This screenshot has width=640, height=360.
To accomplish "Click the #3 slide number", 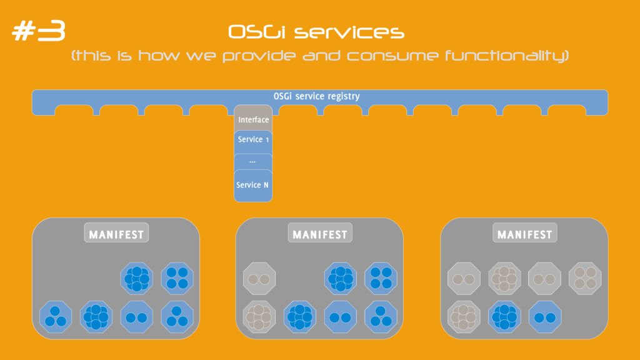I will pyautogui.click(x=39, y=32).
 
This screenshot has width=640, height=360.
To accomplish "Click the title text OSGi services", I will pyautogui.click(x=316, y=32).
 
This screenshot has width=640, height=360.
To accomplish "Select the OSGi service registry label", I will pyautogui.click(x=316, y=96).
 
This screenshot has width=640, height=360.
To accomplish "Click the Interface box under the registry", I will pyautogui.click(x=253, y=119).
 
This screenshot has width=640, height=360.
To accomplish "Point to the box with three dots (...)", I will pyautogui.click(x=253, y=161).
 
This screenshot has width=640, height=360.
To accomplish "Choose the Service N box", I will pyautogui.click(x=252, y=185).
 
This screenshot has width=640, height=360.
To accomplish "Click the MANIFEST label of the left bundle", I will pyautogui.click(x=116, y=235).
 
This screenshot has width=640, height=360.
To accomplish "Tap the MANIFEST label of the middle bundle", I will pyautogui.click(x=320, y=235).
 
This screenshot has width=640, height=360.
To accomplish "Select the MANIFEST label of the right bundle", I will pyautogui.click(x=524, y=235).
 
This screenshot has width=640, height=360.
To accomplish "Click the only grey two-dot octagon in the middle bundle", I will pyautogui.click(x=259, y=279).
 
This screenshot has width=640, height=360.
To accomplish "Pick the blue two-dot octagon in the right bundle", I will pyautogui.click(x=545, y=317).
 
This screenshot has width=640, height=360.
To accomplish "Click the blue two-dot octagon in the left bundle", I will pyautogui.click(x=137, y=317).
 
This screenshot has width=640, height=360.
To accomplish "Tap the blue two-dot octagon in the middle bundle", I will pyautogui.click(x=341, y=317).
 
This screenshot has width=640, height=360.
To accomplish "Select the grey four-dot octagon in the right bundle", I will pyautogui.click(x=585, y=279).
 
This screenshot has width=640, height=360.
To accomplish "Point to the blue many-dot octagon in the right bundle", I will pyautogui.click(x=504, y=317).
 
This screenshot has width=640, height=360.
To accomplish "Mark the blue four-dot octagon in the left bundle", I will pyautogui.click(x=177, y=279).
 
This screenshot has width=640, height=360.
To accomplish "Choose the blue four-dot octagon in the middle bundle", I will pyautogui.click(x=381, y=279).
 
